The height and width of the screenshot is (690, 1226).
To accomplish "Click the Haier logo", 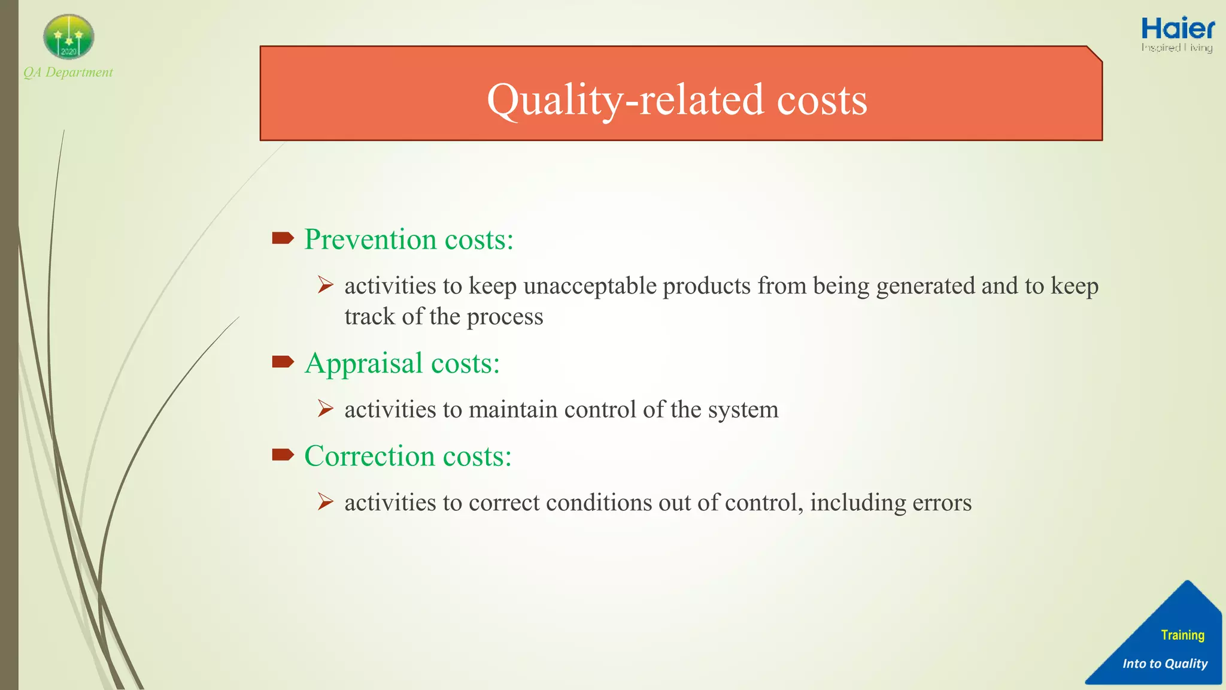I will click(x=1178, y=29).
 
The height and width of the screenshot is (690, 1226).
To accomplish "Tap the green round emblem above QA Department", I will click(x=69, y=37).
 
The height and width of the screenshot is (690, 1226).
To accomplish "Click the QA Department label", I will click(x=68, y=72).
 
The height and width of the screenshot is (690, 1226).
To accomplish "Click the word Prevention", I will click(x=371, y=240).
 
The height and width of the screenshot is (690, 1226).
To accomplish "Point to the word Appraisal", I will click(x=364, y=364).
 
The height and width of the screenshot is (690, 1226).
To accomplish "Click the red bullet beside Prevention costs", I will click(x=283, y=238).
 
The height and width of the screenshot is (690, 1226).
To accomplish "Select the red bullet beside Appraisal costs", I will click(x=283, y=362).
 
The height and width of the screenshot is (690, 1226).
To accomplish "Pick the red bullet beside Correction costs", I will click(x=283, y=455).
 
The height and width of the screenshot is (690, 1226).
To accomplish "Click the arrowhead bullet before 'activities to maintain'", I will click(x=326, y=409).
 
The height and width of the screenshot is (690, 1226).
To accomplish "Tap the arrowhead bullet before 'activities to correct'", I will click(x=326, y=501).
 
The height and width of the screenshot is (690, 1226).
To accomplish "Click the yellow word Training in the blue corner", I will click(x=1182, y=635).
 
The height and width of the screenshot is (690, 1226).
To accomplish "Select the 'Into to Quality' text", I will click(x=1164, y=664).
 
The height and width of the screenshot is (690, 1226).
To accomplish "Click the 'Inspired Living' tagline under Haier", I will click(x=1176, y=47).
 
